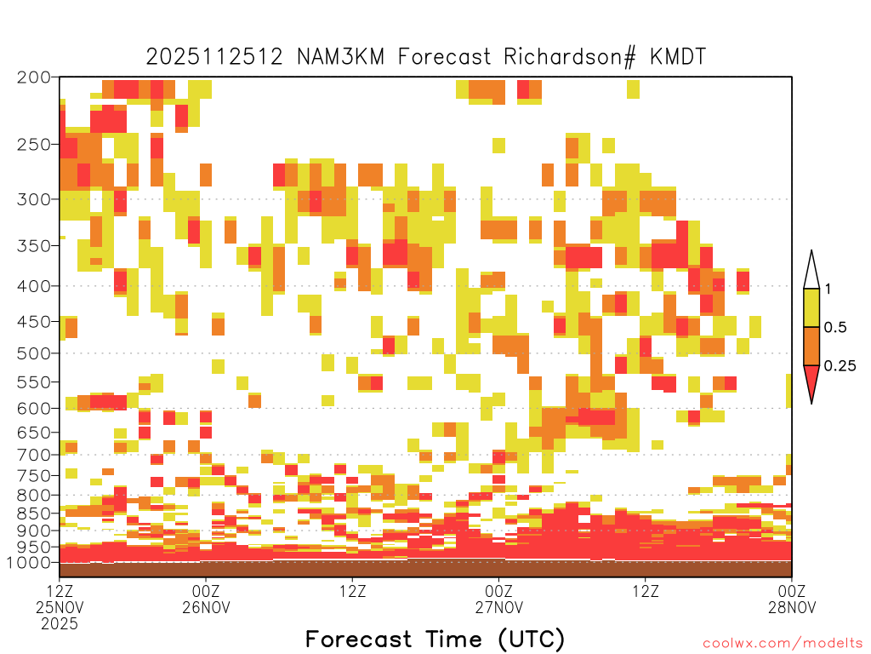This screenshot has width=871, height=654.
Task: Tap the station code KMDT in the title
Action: pos(678,57)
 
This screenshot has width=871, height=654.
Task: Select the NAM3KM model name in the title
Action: pos(340,57)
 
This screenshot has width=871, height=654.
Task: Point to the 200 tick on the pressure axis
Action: pos(34,77)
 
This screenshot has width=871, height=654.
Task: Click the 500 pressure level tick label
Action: pos(34,353)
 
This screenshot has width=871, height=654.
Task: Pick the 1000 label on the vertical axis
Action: pos(28,562)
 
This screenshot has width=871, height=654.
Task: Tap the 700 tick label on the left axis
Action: pos(34,455)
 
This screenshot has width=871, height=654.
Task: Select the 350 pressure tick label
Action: pos(34,246)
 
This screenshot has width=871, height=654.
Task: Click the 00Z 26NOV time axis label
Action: pos(206,599)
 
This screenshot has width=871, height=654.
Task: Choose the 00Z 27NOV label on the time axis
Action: pos(498,599)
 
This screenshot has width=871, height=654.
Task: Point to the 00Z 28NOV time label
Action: pos(792,599)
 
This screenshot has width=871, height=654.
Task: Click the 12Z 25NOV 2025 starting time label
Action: pos(60,606)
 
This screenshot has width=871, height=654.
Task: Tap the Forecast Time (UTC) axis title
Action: pos(435,639)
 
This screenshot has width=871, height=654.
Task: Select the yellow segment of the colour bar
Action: pos(811,307)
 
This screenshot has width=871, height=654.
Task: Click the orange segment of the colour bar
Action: pos(811,346)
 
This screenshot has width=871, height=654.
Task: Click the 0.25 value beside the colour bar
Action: pos(840,365)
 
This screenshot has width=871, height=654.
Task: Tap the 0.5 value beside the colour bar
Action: pos(835,327)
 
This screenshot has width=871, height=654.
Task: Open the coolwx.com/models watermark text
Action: pos(783,643)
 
